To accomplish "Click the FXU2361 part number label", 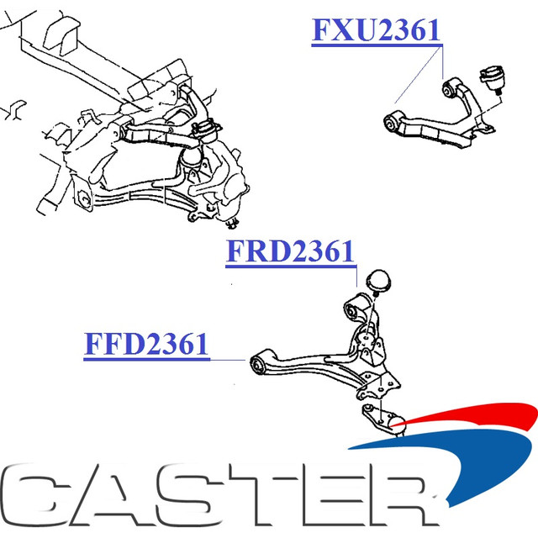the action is click(376, 30).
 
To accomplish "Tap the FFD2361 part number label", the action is click(146, 344).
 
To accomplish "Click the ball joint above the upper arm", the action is click(493, 78).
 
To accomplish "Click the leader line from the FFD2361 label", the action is click(228, 360).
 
